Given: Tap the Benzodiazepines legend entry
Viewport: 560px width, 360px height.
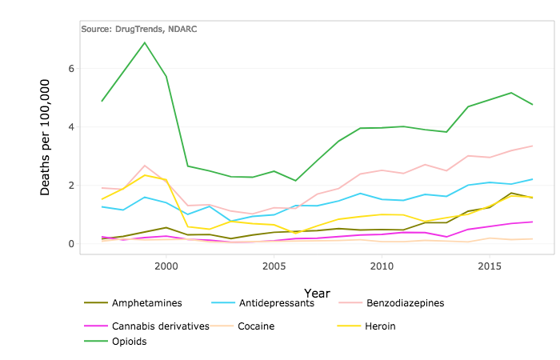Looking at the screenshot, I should pyautogui.click(x=405, y=303).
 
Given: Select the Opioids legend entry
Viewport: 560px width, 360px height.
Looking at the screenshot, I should pyautogui.click(x=130, y=342).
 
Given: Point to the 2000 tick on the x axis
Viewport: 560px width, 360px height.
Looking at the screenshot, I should pyautogui.click(x=166, y=265).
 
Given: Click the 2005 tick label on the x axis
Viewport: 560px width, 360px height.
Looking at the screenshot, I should pyautogui.click(x=274, y=265).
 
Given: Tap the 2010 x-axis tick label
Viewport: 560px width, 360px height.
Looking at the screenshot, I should pyautogui.click(x=382, y=265).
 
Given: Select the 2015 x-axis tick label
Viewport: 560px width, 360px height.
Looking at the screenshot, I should pyautogui.click(x=490, y=265).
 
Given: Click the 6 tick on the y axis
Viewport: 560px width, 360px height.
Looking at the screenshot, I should pyautogui.click(x=71, y=69).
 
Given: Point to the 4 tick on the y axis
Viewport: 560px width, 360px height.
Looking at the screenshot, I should pyautogui.click(x=71, y=127).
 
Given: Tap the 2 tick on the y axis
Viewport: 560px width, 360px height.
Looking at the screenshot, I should pyautogui.click(x=71, y=186).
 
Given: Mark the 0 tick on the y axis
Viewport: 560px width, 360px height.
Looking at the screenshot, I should pyautogui.click(x=71, y=244).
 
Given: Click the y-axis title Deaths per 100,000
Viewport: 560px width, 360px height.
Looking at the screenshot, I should pyautogui.click(x=46, y=136).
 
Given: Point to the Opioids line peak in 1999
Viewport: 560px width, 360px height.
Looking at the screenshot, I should pyautogui.click(x=145, y=42).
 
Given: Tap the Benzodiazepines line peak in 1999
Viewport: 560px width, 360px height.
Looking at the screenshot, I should pyautogui.click(x=145, y=166).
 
